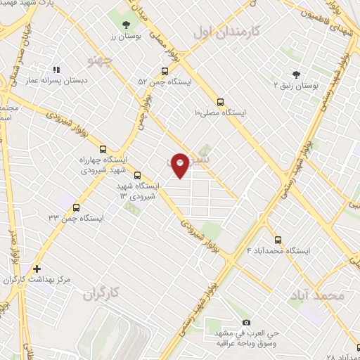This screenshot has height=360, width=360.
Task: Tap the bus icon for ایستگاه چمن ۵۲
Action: pos(165,70)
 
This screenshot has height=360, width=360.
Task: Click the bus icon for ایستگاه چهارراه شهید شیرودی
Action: pos(103,149)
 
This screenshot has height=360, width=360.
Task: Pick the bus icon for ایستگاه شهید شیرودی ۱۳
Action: pos(137,175)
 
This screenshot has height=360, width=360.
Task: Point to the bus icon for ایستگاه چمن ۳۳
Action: pos(76,207)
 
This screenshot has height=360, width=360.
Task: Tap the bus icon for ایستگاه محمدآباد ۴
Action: pos(278,239)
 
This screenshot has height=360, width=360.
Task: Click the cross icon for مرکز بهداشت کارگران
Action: pos(37,269)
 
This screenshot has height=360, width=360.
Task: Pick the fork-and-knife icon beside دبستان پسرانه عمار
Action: pos(56,70)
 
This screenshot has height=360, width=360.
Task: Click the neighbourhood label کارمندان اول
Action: pos(226,32)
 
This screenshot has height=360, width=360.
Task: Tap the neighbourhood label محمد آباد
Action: pos(318,296)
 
